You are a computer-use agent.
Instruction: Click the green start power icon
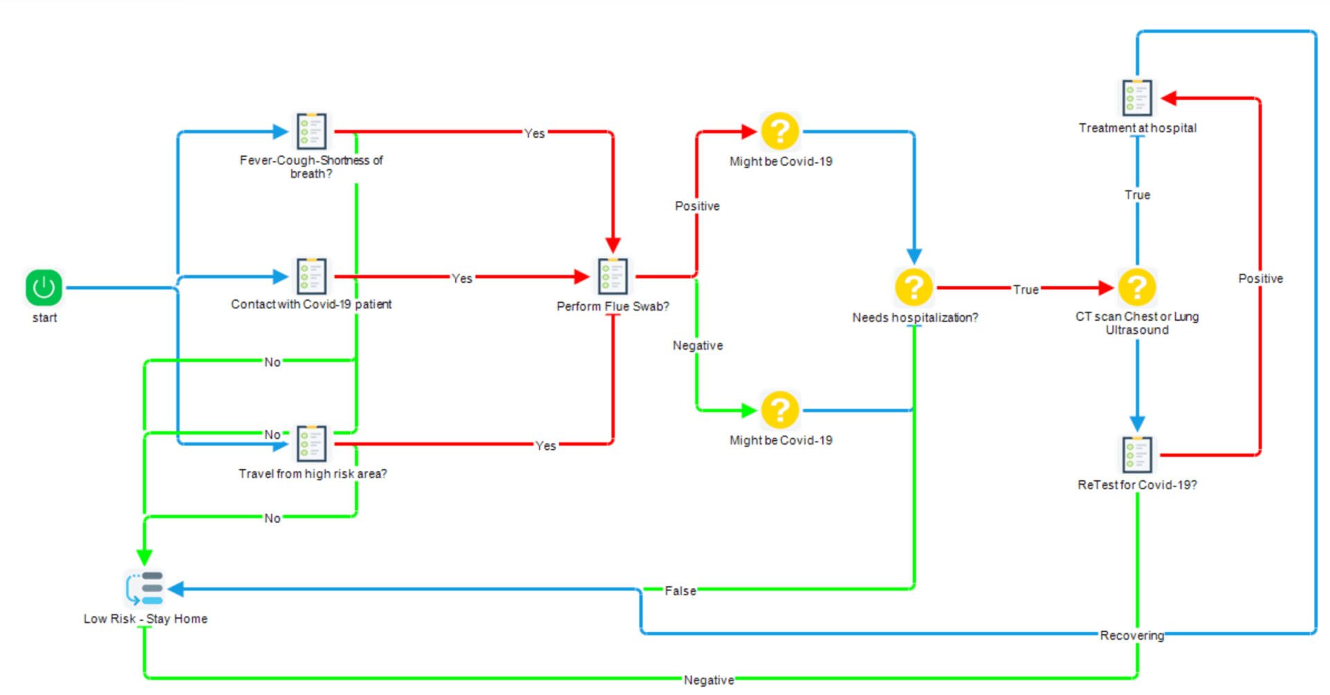click(x=44, y=287)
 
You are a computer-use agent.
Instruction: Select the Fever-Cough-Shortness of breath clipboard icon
click(x=311, y=131)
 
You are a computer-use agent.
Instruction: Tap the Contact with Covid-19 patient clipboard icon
click(x=311, y=276)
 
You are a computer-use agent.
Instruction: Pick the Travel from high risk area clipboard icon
click(x=311, y=443)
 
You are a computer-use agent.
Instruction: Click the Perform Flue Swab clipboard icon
click(x=612, y=276)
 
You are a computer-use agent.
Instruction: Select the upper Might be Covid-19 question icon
click(x=780, y=131)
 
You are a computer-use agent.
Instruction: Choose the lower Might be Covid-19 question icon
click(x=780, y=410)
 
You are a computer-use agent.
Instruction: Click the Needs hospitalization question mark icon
click(x=914, y=287)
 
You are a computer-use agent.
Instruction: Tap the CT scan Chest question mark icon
click(x=1137, y=287)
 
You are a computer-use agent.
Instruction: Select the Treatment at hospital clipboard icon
click(x=1137, y=98)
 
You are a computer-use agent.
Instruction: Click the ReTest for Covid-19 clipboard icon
click(x=1137, y=455)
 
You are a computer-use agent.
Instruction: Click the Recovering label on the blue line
click(x=1131, y=635)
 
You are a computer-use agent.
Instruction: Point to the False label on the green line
click(x=680, y=591)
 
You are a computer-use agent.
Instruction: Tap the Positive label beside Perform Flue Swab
click(x=697, y=206)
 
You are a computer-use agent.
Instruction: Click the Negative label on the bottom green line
click(x=708, y=680)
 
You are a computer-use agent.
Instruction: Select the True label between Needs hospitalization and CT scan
click(x=1025, y=290)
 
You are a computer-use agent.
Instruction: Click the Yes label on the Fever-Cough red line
click(x=534, y=133)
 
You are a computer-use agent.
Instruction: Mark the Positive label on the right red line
click(x=1260, y=279)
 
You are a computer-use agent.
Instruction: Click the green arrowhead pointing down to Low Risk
click(x=144, y=556)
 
